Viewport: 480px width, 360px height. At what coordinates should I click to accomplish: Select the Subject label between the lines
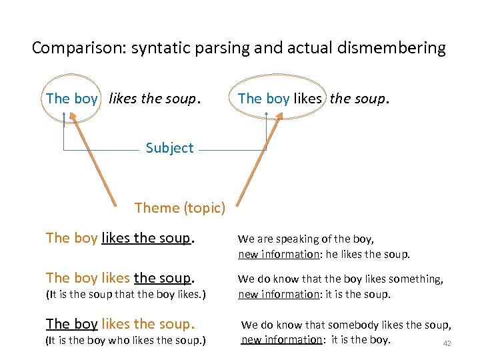tap(169, 148)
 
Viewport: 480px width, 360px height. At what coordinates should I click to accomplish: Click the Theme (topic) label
tap(179, 208)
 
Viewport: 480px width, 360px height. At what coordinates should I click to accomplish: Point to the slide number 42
tap(447, 344)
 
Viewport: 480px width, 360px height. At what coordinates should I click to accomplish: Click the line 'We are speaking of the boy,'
tap(306, 239)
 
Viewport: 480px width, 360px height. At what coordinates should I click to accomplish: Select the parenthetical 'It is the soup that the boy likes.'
tap(125, 294)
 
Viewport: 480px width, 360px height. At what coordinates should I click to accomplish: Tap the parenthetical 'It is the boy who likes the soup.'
tap(125, 341)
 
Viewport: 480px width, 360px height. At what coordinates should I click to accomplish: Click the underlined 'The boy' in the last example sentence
tap(72, 324)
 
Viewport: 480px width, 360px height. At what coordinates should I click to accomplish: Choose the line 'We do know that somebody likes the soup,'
tap(346, 325)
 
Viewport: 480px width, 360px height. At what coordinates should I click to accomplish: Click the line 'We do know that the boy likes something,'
tap(341, 279)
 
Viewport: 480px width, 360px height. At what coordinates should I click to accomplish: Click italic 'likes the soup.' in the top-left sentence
tap(153, 99)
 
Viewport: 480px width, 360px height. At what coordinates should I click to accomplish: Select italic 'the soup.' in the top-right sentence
tap(358, 99)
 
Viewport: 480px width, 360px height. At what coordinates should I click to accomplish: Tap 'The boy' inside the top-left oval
tap(71, 99)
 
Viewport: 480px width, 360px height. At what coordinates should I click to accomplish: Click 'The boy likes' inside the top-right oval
tap(279, 99)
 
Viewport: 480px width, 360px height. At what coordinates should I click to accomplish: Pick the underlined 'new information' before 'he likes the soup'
tap(279, 254)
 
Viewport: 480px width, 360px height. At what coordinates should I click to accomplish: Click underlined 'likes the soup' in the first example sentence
tap(146, 238)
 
